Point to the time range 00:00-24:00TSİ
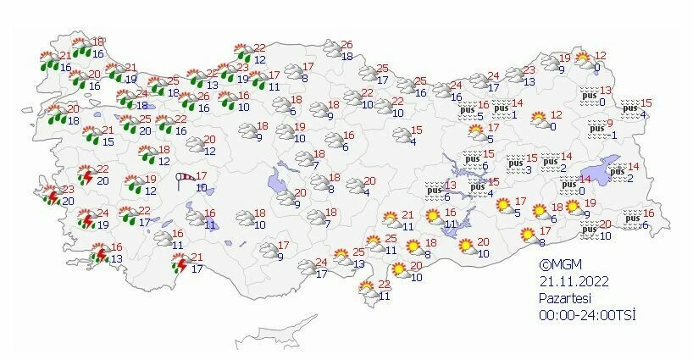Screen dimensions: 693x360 pos(588,315)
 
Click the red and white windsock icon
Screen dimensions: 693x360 pos(185,178)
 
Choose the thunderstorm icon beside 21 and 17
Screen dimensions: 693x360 pos(179,265)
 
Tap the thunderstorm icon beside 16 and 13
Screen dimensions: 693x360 pos(99,253)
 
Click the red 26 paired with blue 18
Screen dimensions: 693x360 pos(346,45)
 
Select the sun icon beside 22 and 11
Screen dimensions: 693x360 pos(369,290)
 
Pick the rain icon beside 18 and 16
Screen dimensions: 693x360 pos(81,49)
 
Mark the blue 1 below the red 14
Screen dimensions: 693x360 pos(514,115)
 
